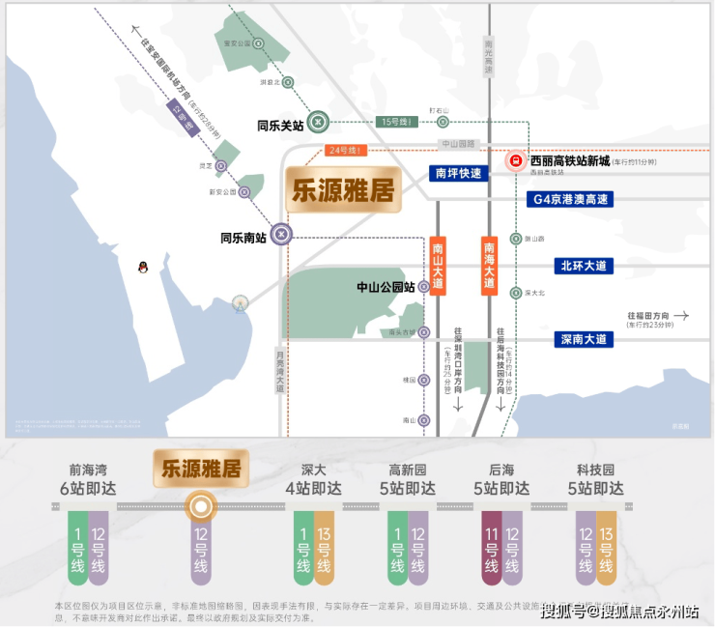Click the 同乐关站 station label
(280, 125)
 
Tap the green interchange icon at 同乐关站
(321, 121)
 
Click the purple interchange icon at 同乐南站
(280, 234)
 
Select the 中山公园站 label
(386, 287)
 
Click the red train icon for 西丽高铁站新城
(516, 161)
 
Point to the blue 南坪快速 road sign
(459, 174)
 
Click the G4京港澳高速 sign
(572, 199)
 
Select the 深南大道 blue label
(585, 339)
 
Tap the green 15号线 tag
(397, 122)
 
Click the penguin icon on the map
(143, 266)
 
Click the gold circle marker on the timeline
(200, 505)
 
